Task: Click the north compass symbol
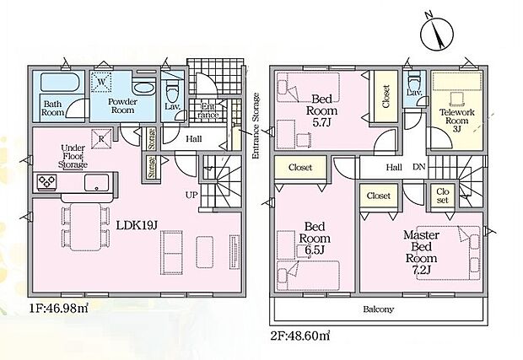pyautogui.click(x=437, y=34)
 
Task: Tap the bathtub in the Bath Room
pyautogui.click(x=61, y=82)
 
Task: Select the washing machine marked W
pyautogui.click(x=102, y=82)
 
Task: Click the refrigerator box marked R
pyautogui.click(x=101, y=138)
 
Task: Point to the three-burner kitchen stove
pyautogui.click(x=46, y=182)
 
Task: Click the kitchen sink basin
pyautogui.click(x=96, y=182)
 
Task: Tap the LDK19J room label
pyautogui.click(x=137, y=225)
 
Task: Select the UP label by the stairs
pyautogui.click(x=191, y=195)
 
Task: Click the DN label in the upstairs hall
pyautogui.click(x=419, y=167)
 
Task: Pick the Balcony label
pyautogui.click(x=378, y=309)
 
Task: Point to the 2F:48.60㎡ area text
pyautogui.click(x=300, y=335)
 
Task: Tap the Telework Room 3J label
pyautogui.click(x=456, y=121)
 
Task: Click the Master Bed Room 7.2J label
pyautogui.click(x=421, y=252)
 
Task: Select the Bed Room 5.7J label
pyautogui.click(x=321, y=110)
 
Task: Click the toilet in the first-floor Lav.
pyautogui.click(x=172, y=90)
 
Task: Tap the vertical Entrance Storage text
pyautogui.click(x=256, y=126)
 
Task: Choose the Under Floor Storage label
pyautogui.click(x=73, y=156)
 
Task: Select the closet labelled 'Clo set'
pyautogui.click(x=442, y=196)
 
